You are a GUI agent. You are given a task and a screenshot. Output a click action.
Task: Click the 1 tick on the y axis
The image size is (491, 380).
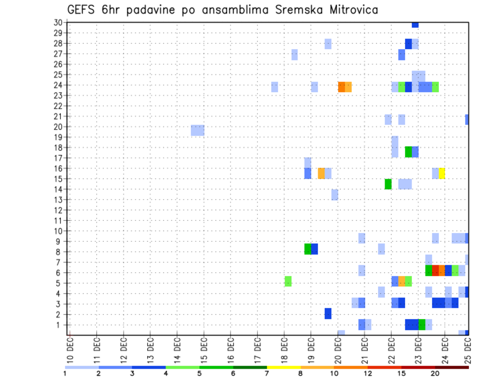(x=59, y=325)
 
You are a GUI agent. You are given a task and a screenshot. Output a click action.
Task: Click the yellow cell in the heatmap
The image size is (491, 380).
(x=442, y=173)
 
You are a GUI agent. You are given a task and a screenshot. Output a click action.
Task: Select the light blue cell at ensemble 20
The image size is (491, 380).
(x=197, y=131)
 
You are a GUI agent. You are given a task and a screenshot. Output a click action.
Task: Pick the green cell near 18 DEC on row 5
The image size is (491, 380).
(x=288, y=281)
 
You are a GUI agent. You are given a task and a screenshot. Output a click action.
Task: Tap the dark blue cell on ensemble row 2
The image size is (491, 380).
(x=328, y=313)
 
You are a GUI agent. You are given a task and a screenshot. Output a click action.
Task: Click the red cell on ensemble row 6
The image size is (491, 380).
(x=435, y=270)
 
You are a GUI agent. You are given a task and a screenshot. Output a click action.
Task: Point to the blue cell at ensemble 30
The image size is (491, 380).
(x=415, y=25)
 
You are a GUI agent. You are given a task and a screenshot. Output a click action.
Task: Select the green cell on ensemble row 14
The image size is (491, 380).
(x=388, y=184)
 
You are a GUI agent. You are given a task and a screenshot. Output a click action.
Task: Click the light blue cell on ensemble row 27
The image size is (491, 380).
(x=295, y=54)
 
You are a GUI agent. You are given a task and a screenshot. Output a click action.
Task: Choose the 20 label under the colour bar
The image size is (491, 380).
(x=435, y=373)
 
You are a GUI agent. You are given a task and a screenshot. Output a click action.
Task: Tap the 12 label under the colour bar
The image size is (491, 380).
(x=368, y=373)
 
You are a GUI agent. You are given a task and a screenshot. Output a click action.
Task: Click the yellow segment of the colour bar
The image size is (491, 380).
(x=284, y=367)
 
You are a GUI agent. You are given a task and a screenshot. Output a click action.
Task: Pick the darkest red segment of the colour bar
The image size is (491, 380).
(x=452, y=367)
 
